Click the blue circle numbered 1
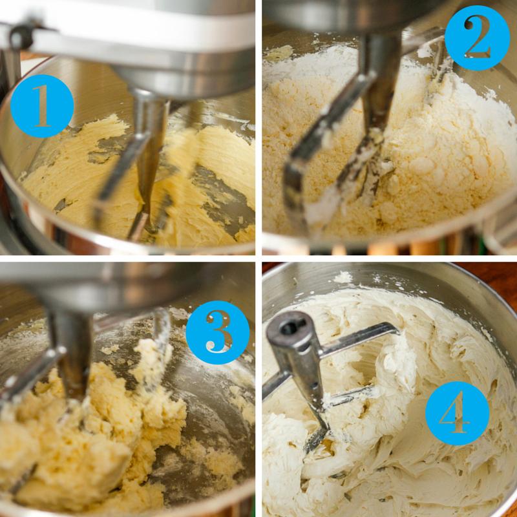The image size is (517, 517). pyautogui.click(x=42, y=106)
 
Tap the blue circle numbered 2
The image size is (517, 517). pyautogui.click(x=477, y=37)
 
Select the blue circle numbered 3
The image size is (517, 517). pyautogui.click(x=218, y=332)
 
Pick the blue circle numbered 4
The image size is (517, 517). pyautogui.click(x=458, y=413)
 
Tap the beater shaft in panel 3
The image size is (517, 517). pyautogui.click(x=73, y=356)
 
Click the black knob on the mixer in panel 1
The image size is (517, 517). pyautogui.click(x=21, y=36)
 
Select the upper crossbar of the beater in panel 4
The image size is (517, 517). pyautogui.click(x=359, y=340)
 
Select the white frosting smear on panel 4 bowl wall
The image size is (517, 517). pyautogui.click(x=343, y=278)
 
